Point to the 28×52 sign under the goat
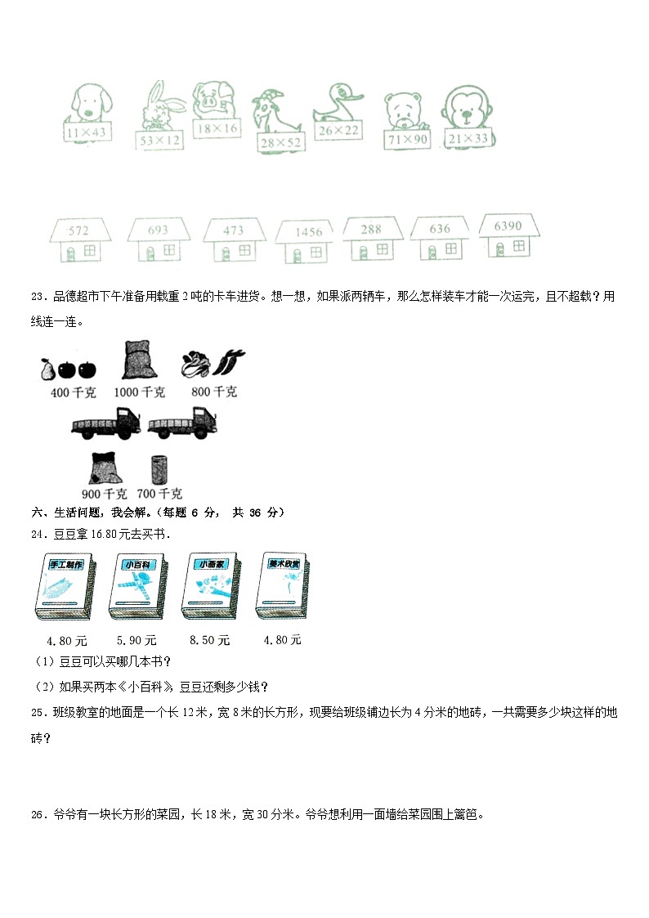[280, 143]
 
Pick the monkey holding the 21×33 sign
[468, 110]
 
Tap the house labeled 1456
[308, 241]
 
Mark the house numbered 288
[371, 239]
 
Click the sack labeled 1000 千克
[137, 360]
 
